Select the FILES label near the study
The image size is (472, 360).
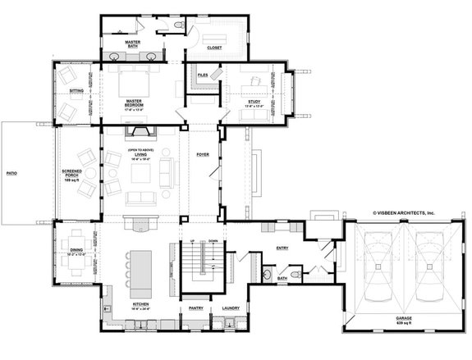pos(202,75)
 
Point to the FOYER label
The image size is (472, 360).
pos(203,154)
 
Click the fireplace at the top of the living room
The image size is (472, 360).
pos(136,134)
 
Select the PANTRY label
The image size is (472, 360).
pos(195,308)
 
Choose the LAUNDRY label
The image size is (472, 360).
pos(231,308)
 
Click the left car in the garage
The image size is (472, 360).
pos(378,267)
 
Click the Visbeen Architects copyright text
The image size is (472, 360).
pos(404,212)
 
